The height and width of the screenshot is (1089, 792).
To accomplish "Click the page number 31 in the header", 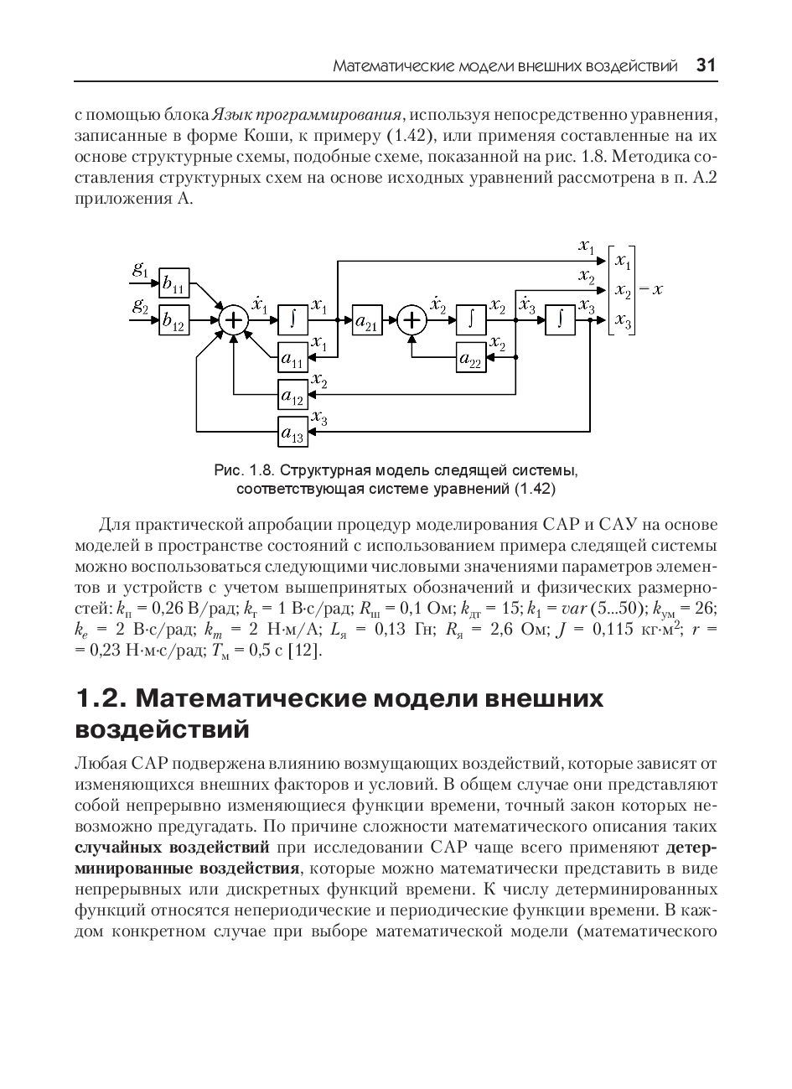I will coord(706,65).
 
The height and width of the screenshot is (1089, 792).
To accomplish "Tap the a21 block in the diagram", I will coord(367,320).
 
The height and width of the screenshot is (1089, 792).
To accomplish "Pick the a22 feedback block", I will coord(472,358).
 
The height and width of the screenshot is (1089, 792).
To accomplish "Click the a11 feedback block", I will coord(292,359).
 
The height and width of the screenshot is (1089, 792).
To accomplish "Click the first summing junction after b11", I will coord(234,321).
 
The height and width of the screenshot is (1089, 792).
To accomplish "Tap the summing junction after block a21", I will coord(411,320).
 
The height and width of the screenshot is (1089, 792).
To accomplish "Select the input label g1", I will coord(141,270).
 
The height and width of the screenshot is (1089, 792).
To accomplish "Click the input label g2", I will coord(141,306).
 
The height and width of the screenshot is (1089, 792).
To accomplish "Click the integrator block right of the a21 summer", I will coord(472,320).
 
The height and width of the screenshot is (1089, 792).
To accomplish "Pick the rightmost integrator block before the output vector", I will coord(561,320).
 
